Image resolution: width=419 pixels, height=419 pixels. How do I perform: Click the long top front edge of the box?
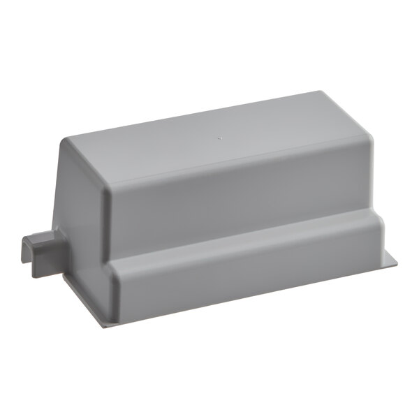coord(230,168)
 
